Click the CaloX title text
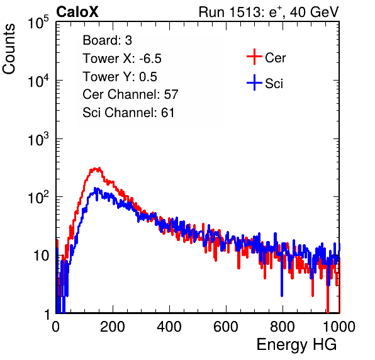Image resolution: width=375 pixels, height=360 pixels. tap(77, 12)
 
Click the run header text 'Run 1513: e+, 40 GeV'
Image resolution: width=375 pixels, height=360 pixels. tap(269, 12)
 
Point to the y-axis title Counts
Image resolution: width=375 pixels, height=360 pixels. tap(9, 49)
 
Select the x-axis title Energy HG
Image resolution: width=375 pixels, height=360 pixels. tap(297, 345)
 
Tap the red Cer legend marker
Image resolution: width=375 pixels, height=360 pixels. tap(254, 57)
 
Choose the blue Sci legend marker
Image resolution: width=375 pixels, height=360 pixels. tap(254, 82)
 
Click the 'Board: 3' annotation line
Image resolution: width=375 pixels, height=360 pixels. tap(108, 40)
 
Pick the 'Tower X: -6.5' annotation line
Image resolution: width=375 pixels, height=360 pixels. tap(122, 59)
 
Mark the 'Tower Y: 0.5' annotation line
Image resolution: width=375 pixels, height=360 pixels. tap(120, 77)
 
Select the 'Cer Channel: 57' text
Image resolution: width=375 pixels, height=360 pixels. tap(130, 94)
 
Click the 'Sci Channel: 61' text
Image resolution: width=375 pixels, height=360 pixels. tap(128, 113)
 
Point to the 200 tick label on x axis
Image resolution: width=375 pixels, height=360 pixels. tap(113, 327)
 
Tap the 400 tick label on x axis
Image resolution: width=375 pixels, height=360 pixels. tap(169, 327)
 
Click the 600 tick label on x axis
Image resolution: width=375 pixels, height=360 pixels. tap(226, 327)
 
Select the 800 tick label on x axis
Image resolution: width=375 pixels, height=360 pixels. tap(283, 327)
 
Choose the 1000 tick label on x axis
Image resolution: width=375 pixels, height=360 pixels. tap(339, 327)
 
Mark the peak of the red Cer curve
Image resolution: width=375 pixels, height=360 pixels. tap(99, 167)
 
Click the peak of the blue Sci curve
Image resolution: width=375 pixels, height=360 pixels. tap(95, 188)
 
